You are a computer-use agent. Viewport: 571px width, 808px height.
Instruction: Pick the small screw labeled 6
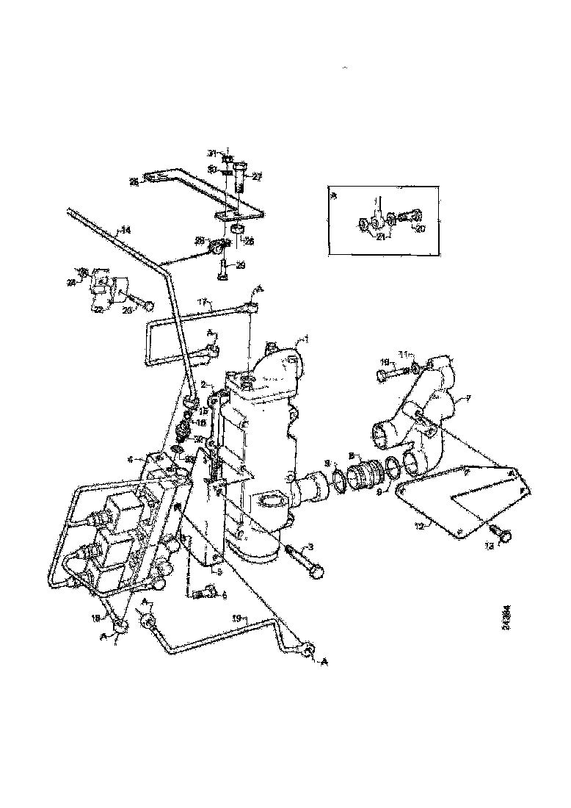pos(203,592)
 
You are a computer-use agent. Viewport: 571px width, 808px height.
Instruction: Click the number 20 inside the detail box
pos(421,228)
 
